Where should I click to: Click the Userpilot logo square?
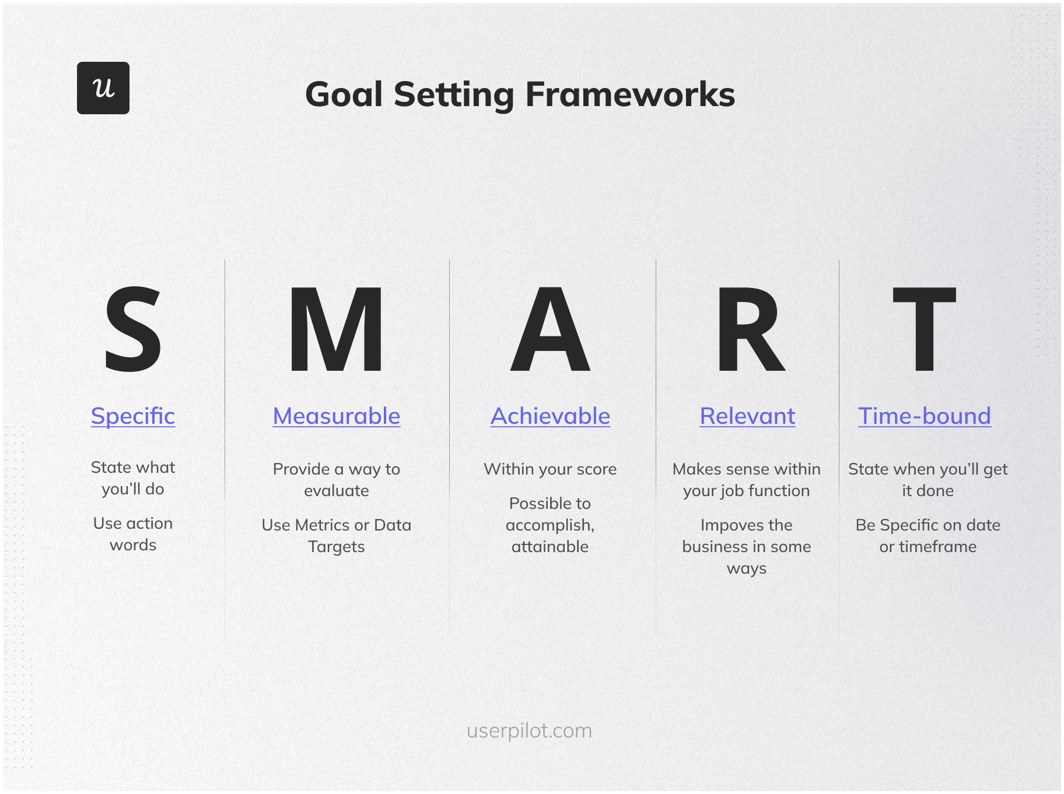(103, 88)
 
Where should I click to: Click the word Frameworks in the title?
(630, 94)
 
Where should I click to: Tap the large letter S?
(132, 329)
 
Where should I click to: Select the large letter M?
(337, 329)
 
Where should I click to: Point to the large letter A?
(550, 329)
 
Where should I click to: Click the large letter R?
(750, 329)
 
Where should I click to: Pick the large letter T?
(925, 329)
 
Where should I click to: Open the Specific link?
(133, 416)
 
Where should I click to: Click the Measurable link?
(337, 416)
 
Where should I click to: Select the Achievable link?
(550, 416)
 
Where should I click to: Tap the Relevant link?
(747, 416)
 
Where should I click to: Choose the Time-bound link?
(925, 416)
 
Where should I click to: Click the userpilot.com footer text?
(529, 730)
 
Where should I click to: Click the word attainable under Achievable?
(550, 547)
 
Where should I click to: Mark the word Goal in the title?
(344, 94)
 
